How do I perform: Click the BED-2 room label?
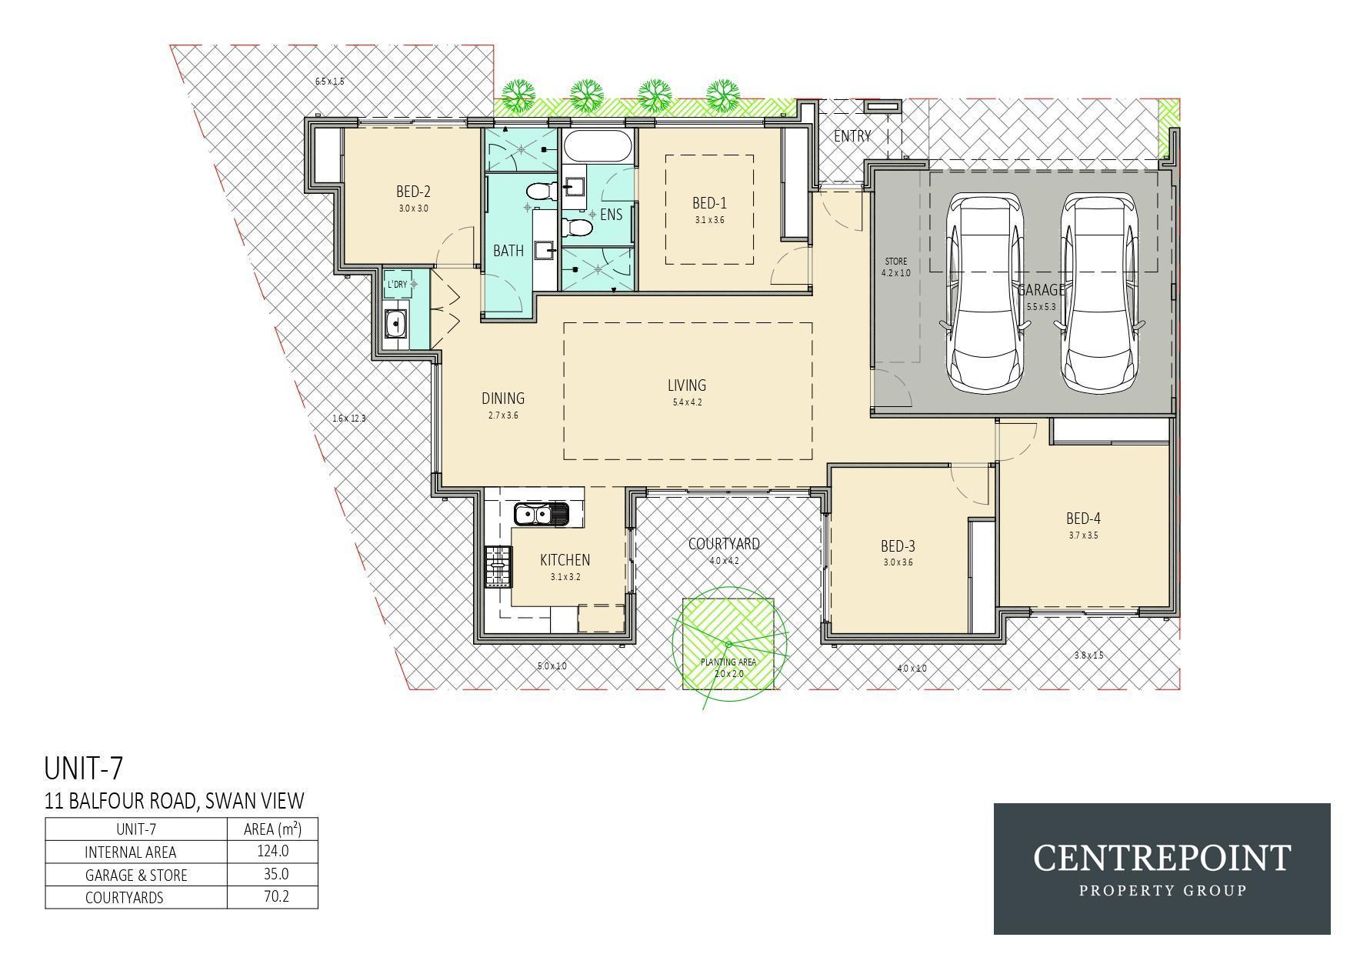pyautogui.click(x=413, y=192)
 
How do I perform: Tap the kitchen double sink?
pyautogui.click(x=542, y=514)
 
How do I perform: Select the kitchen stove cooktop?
pyautogui.click(x=498, y=567)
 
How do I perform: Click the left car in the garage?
pyautogui.click(x=986, y=293)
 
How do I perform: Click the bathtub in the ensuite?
pyautogui.click(x=598, y=145)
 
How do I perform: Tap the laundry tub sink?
pyautogui.click(x=396, y=324)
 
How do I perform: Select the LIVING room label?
pyautogui.click(x=687, y=385)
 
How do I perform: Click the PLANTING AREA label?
pyautogui.click(x=728, y=662)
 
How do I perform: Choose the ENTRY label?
pyautogui.click(x=852, y=136)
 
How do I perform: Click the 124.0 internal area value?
pyautogui.click(x=273, y=851)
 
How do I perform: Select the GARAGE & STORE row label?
pyautogui.click(x=136, y=875)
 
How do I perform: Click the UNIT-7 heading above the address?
pyautogui.click(x=84, y=769)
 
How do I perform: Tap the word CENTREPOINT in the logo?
pyautogui.click(x=1162, y=858)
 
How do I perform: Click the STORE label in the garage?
pyautogui.click(x=895, y=262)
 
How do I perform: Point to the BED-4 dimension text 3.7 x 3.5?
pyautogui.click(x=1083, y=535)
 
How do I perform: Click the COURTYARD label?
pyautogui.click(x=724, y=544)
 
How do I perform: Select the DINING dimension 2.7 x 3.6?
pyautogui.click(x=503, y=415)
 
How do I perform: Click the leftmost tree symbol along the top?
pyautogui.click(x=519, y=95)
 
